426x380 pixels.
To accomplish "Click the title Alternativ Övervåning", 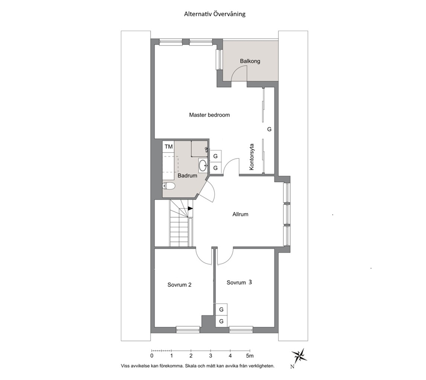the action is point(215,14).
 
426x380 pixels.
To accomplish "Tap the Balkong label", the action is point(250,61).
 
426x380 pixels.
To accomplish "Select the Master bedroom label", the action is point(210,115).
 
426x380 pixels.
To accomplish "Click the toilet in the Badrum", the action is point(169,186).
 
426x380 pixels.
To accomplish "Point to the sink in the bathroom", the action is point(203,165).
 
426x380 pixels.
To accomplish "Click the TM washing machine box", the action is point(169,147).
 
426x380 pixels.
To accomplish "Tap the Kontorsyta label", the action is point(251,157).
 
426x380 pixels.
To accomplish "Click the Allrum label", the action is point(240,214).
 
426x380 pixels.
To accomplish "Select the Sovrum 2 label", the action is point(180,285).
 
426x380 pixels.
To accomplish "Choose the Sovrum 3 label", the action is point(239,283).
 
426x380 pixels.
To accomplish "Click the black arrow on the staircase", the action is point(190,208).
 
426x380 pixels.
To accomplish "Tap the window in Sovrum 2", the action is point(188,329).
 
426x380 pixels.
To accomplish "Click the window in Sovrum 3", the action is point(241,329).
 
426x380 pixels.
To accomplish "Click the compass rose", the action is point(299,355).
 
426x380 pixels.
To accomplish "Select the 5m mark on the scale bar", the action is point(250,356).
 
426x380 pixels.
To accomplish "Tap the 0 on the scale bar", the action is point(152,356).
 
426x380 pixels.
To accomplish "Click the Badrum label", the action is point(187,175).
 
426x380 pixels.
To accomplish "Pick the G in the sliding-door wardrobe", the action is point(269,130).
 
